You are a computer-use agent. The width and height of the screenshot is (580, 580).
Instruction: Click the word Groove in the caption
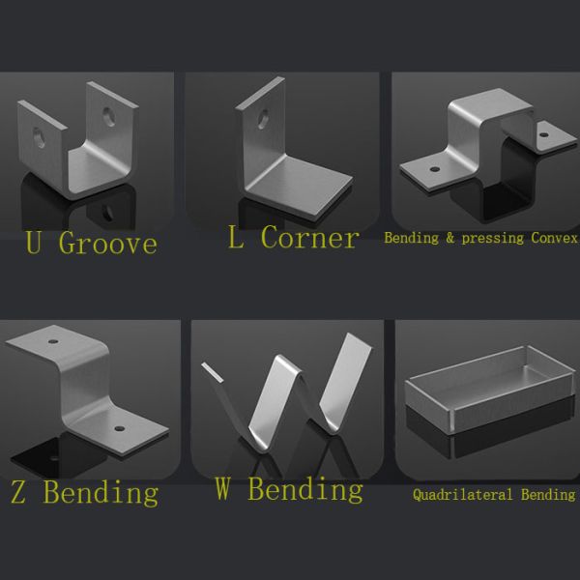coord(108,244)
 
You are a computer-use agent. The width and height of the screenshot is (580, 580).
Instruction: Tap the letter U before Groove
coord(33,242)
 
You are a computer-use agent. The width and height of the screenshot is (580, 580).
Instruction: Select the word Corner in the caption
coord(310,237)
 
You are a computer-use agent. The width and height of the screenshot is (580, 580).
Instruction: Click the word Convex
coord(555,238)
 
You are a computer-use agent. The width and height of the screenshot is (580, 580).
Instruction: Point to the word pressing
coord(493,239)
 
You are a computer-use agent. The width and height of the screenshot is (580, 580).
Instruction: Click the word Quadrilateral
coord(463,495)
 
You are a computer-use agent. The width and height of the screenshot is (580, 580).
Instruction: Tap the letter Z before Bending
coord(18,492)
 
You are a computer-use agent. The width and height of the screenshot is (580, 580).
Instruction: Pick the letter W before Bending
coord(222,488)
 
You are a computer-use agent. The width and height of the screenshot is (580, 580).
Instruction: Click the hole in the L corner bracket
coord(263,119)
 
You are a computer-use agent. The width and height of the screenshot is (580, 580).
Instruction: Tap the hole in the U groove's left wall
coord(39,137)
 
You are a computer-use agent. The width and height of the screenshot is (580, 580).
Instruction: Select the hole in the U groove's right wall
coord(108,117)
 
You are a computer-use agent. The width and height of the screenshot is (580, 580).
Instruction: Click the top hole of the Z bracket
coord(53,341)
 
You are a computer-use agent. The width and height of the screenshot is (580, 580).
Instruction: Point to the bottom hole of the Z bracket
coord(120,428)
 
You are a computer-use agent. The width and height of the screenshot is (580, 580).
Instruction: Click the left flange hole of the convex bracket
coord(435,169)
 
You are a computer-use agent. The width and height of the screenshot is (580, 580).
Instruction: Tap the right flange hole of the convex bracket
coord(543,134)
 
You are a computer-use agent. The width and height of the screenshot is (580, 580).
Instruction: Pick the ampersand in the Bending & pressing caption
coord(449,238)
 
